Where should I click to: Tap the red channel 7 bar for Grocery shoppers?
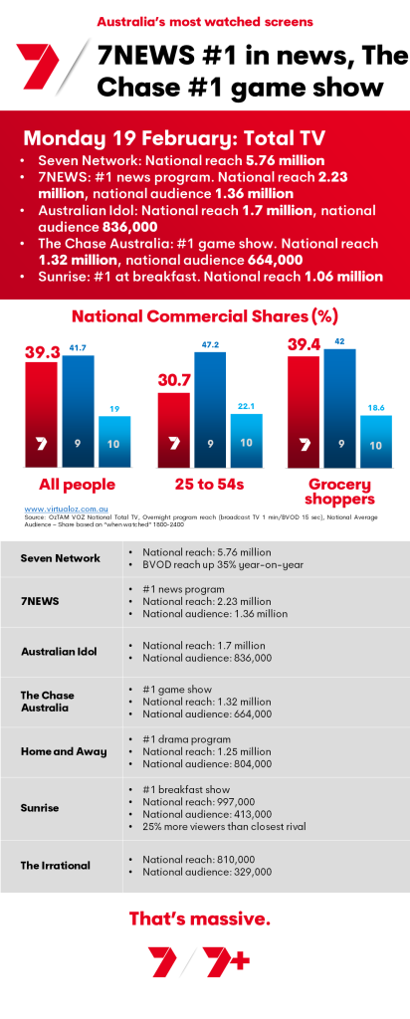305,412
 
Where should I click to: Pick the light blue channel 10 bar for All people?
114,441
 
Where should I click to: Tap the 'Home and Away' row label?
64,751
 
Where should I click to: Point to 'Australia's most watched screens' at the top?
204,20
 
